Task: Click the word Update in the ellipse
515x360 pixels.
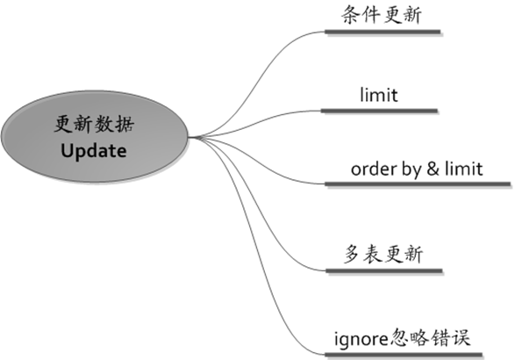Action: coord(94,152)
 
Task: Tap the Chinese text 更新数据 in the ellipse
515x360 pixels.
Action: coord(94,125)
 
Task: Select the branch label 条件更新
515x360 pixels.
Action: coord(382,15)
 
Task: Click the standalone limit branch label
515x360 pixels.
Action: coord(379,95)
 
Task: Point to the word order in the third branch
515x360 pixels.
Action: coord(374,169)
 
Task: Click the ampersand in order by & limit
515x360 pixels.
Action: coord(433,169)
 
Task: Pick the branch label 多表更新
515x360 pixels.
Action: coord(383,254)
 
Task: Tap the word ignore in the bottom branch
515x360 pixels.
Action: coord(361,339)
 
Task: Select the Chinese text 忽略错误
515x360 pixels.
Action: coord(430,338)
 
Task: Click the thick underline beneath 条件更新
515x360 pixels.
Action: coord(383,32)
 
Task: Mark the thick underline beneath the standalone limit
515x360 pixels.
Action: coord(379,112)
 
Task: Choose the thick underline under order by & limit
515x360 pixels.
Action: coord(418,184)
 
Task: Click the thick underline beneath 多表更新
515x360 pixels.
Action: coord(384,271)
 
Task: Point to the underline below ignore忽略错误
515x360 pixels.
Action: coord(404,355)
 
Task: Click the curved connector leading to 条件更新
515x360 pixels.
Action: coord(255,83)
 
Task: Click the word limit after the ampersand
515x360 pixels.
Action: coord(464,169)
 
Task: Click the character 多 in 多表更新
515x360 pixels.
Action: coord(352,254)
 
